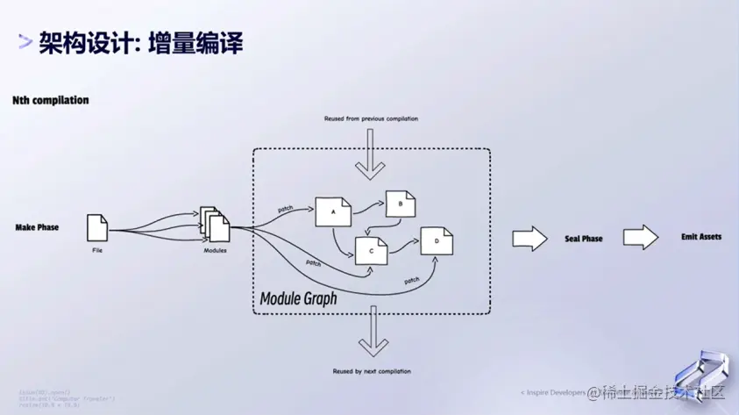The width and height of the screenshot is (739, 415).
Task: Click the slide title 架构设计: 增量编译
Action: pos(140,41)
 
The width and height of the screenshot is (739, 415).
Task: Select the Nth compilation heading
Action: pos(50,101)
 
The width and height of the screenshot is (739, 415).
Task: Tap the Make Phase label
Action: pos(37,227)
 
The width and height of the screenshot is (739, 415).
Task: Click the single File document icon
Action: pos(97,228)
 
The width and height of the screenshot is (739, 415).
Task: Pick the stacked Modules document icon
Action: pos(215,226)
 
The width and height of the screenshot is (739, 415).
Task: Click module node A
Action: pos(333,211)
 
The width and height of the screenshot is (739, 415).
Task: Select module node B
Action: pos(401,204)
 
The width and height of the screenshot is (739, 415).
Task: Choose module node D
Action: pos(436,240)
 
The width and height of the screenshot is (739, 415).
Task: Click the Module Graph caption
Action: pos(298,299)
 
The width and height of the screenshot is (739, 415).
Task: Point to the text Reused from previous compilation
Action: pos(371,118)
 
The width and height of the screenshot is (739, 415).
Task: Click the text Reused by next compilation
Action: pos(372,371)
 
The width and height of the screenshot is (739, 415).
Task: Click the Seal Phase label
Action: pos(583,239)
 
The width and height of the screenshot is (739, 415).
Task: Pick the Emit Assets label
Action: pos(701,237)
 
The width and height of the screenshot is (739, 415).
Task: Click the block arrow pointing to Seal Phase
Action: pos(529,238)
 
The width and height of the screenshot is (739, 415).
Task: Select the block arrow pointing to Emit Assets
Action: pos(641,237)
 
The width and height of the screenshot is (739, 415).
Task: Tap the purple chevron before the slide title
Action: pos(26,41)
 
